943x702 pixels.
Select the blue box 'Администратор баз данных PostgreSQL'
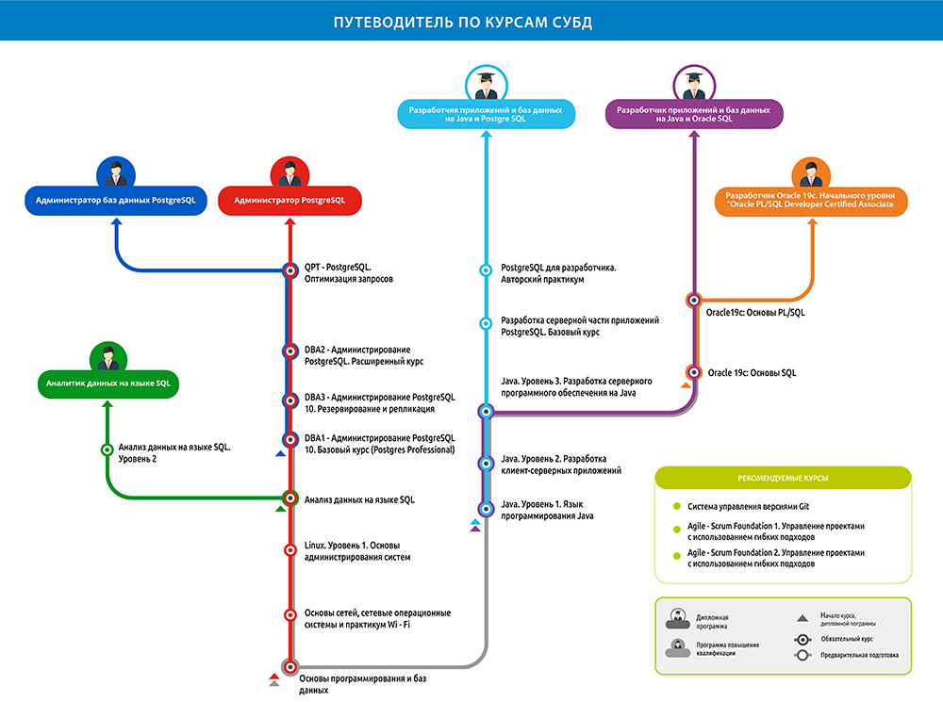pyautogui.click(x=115, y=201)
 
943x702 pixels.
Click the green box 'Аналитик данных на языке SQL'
pyautogui.click(x=108, y=384)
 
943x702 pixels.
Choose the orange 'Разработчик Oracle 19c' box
pyautogui.click(x=811, y=200)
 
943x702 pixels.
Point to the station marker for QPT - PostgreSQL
pyautogui.click(x=290, y=271)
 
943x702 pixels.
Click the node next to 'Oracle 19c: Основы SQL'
pyautogui.click(x=693, y=372)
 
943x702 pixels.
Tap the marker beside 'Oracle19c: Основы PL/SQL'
pyautogui.click(x=693, y=301)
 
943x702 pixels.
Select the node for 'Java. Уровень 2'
pyautogui.click(x=487, y=463)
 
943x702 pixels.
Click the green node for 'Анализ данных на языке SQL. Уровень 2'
pyautogui.click(x=107, y=449)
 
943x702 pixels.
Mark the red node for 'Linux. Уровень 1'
pyautogui.click(x=290, y=549)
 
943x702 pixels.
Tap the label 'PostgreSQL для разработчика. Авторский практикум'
pyautogui.click(x=558, y=273)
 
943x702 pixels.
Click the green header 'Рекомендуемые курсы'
pyautogui.click(x=783, y=479)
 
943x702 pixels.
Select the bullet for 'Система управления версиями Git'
pyautogui.click(x=676, y=506)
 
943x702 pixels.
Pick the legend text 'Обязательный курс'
pyautogui.click(x=848, y=638)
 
